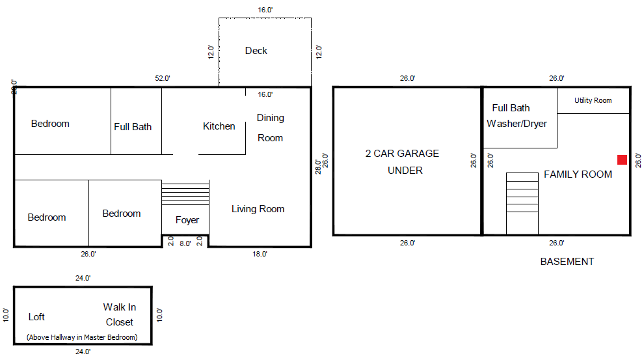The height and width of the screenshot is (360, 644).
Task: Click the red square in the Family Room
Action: pos(622,159)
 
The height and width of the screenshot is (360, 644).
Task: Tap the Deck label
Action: pos(256,51)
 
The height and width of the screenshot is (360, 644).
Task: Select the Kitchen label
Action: pos(219,126)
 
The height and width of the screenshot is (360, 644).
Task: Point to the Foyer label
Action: pos(187,220)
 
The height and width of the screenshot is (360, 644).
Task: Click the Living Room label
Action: pos(258,209)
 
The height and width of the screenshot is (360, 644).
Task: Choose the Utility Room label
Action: pos(593,100)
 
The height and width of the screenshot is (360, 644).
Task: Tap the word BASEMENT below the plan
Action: pos(567,262)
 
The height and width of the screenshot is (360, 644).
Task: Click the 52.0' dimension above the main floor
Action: pos(162,78)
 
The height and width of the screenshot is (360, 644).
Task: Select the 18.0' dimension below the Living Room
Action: pos(260,254)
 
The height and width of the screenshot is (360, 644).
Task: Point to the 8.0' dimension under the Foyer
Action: pos(185,243)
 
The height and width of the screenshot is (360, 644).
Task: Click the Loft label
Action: pos(36,317)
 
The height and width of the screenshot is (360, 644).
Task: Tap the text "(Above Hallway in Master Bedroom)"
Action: pos(82,337)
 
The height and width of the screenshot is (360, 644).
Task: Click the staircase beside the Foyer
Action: pos(185,193)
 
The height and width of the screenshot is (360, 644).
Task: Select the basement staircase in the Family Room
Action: pos(522,203)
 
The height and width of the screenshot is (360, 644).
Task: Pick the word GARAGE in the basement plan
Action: pos(418,153)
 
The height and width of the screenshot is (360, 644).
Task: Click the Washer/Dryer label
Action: pos(517,124)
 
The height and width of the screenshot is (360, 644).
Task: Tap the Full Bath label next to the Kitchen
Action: pos(133,127)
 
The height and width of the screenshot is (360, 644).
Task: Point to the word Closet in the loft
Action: pos(120,322)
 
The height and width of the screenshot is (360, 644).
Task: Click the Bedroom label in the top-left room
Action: pos(50,124)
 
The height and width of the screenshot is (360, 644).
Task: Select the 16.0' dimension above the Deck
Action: pos(265,10)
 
